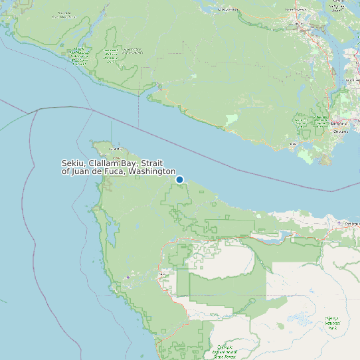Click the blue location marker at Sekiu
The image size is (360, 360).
click(x=179, y=179)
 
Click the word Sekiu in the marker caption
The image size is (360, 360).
click(x=74, y=163)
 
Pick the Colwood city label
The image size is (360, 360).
click(x=341, y=132)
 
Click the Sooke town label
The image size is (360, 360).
click(x=293, y=143)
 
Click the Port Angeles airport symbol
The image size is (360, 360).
click(x=339, y=223)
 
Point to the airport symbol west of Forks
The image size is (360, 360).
click(x=128, y=277)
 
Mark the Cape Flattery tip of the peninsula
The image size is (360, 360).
click(x=91, y=142)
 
